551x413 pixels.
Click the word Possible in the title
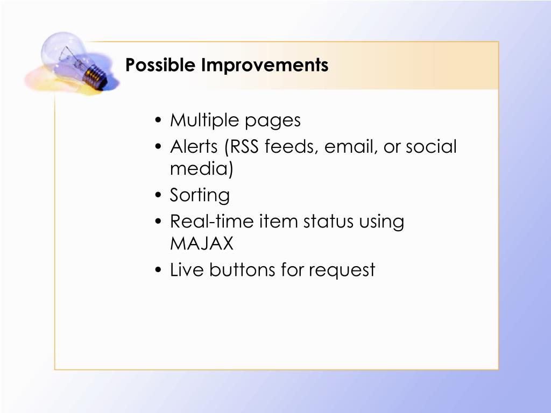coord(160,65)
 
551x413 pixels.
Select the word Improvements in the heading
coord(265,65)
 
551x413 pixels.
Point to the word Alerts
coord(194,146)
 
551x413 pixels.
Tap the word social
coord(431,146)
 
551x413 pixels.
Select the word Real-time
coord(211,221)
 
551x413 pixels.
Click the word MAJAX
coord(202,244)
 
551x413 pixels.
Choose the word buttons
coord(242,270)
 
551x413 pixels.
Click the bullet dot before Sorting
coord(158,195)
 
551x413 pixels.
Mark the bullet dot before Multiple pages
coord(158,120)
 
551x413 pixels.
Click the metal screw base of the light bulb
coord(95,76)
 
